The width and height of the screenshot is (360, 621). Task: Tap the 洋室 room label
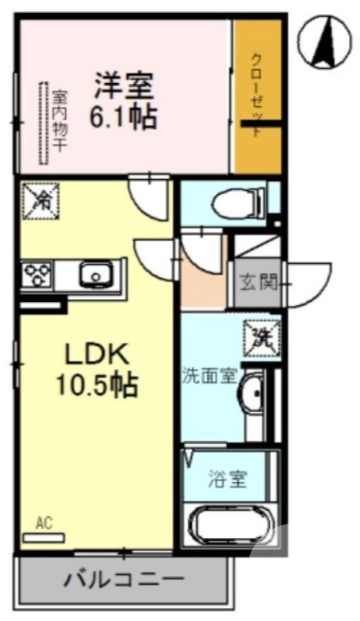pos(124,84)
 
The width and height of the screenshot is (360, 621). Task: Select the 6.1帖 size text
pos(124,116)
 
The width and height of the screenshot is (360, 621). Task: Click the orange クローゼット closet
pos(258,97)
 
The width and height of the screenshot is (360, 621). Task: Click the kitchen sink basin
pos(95,274)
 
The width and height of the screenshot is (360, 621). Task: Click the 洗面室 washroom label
pos(207,376)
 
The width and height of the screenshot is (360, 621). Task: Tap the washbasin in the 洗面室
pos(252,396)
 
